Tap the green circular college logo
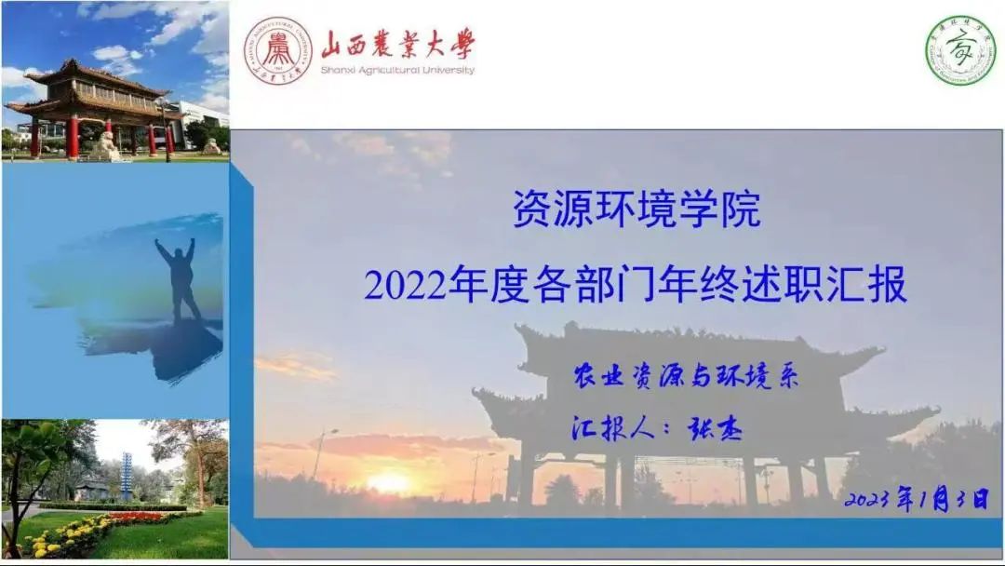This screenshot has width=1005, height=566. [x=959, y=50]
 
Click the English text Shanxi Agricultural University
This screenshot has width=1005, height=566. [x=397, y=70]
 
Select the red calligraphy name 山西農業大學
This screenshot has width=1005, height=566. [x=397, y=45]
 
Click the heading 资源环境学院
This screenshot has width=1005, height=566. [x=636, y=209]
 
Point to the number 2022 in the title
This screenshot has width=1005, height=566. [x=405, y=286]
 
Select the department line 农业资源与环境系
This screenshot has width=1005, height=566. [x=686, y=376]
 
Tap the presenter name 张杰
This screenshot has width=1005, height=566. [x=715, y=428]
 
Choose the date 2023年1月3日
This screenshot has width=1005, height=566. [x=917, y=499]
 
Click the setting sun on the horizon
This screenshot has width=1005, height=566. [x=389, y=482]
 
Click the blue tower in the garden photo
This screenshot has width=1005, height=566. [x=127, y=475]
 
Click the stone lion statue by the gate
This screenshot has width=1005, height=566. [x=105, y=145]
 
